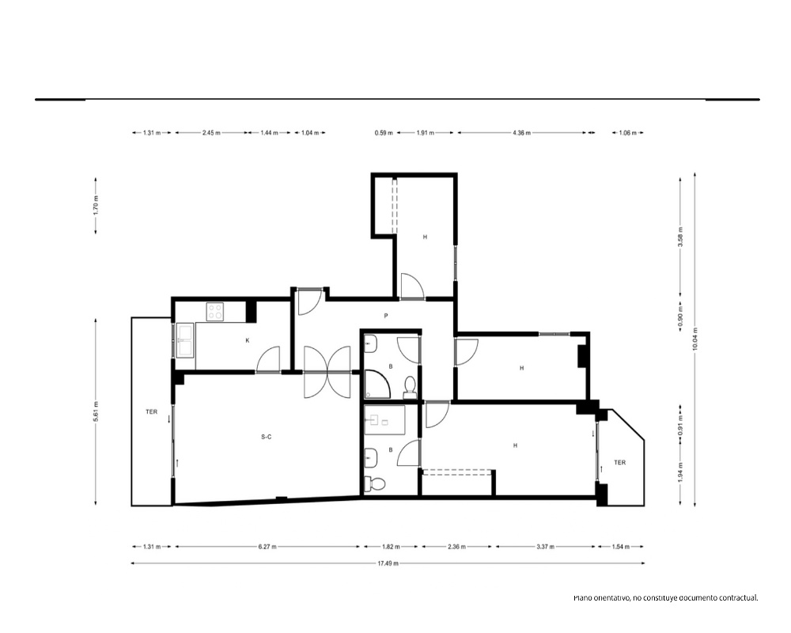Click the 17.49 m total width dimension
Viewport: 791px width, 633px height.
[388, 563]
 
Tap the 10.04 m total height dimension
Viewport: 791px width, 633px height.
[695, 339]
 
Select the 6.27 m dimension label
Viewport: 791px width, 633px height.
[267, 547]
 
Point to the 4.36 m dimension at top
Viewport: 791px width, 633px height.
[521, 133]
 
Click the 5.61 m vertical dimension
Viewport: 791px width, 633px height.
[96, 411]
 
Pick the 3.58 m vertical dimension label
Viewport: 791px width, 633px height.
[680, 237]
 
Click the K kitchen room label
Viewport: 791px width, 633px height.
[248, 341]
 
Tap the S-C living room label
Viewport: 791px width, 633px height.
[267, 437]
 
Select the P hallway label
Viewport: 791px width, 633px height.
[386, 316]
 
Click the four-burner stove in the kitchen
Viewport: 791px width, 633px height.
[215, 311]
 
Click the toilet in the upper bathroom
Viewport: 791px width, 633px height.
[410, 386]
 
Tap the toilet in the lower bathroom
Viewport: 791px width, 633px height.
[375, 483]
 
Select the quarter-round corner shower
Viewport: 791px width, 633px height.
[377, 384]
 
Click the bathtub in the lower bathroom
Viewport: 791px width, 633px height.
[385, 419]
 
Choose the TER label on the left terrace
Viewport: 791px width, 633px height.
[151, 412]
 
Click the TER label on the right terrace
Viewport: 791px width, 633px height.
[620, 462]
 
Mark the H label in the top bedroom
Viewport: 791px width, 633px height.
[426, 237]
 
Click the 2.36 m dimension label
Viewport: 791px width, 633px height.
[456, 547]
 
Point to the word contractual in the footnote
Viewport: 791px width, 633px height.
[739, 598]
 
